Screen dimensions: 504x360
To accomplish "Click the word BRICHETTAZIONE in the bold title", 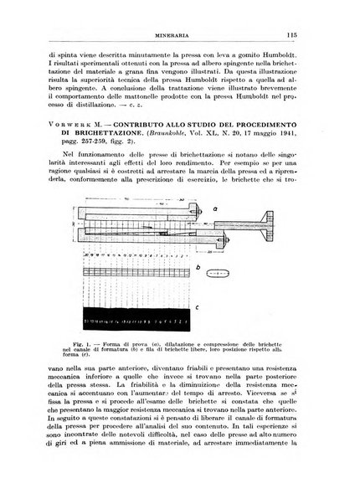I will pyautogui.click(x=92, y=141).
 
